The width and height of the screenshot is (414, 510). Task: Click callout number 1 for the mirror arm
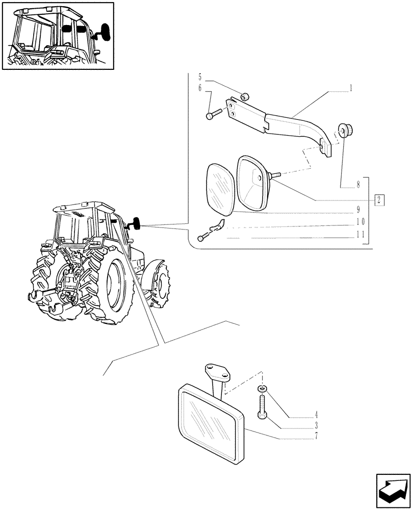click(x=351, y=88)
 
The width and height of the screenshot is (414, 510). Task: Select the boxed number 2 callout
click(x=379, y=199)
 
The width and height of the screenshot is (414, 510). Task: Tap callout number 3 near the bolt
click(x=317, y=424)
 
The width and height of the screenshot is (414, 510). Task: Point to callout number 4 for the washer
click(x=317, y=414)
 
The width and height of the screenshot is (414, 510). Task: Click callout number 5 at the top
click(x=200, y=78)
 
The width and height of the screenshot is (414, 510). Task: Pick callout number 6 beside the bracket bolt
click(x=200, y=88)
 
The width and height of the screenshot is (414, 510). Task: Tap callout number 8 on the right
click(x=358, y=184)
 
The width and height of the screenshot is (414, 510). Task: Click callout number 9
click(x=358, y=210)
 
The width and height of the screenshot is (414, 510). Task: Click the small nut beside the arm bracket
click(x=245, y=95)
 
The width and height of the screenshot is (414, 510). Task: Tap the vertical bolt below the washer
click(x=262, y=408)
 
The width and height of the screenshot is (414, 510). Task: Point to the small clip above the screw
click(x=219, y=224)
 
